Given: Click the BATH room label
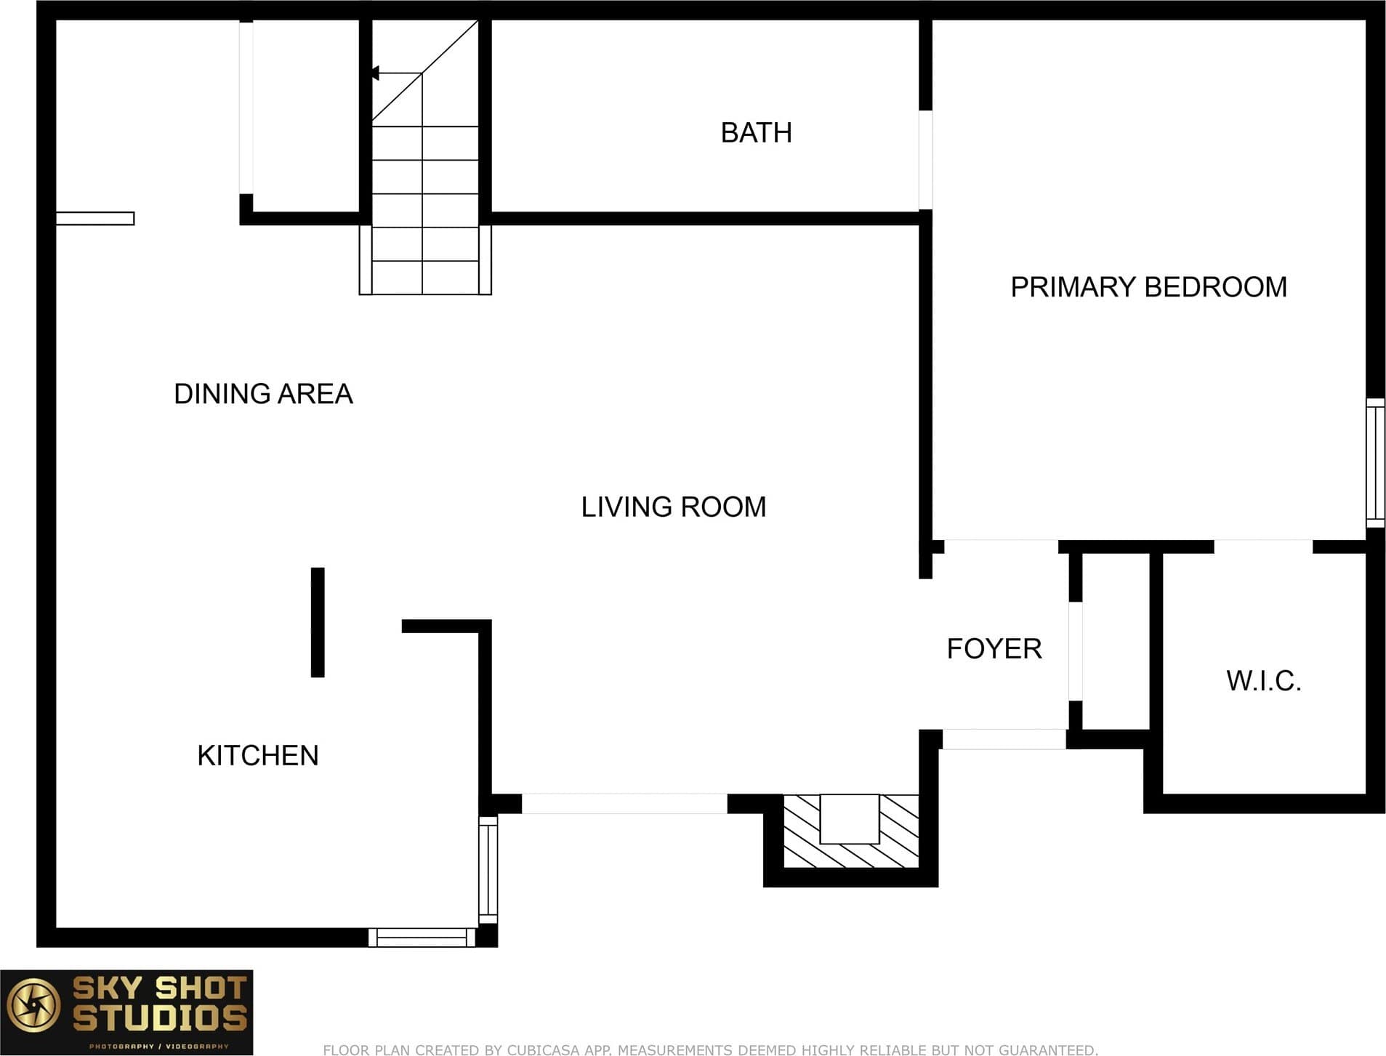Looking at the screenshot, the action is pyautogui.click(x=756, y=133).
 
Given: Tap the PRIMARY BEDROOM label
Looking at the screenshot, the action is pyautogui.click(x=1148, y=287).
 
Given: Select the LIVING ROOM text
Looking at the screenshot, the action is pyautogui.click(x=674, y=507).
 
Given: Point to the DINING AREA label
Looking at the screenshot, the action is pyautogui.click(x=263, y=394).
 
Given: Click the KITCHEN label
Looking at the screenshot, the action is pyautogui.click(x=258, y=756).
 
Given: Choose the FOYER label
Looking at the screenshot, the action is pyautogui.click(x=994, y=648).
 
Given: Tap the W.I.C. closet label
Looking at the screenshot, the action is pyautogui.click(x=1264, y=681).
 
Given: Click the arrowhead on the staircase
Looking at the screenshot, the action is pyautogui.click(x=375, y=73).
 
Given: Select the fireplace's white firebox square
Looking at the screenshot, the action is pyautogui.click(x=850, y=819).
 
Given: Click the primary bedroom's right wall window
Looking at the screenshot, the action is pyautogui.click(x=1375, y=463).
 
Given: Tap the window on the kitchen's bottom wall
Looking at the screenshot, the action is pyautogui.click(x=422, y=938).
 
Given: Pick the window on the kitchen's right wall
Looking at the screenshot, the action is pyautogui.click(x=488, y=869).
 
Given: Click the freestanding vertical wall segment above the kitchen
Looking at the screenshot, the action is pyautogui.click(x=318, y=623).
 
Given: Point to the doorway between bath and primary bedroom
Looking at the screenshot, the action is pyautogui.click(x=925, y=160).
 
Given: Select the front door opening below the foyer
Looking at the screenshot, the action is pyautogui.click(x=1004, y=739).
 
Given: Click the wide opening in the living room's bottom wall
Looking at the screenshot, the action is pyautogui.click(x=624, y=804).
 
